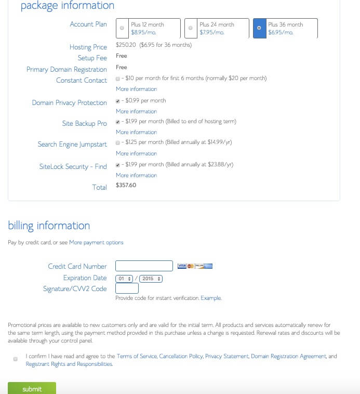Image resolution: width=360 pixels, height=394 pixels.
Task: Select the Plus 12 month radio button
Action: (x=122, y=28)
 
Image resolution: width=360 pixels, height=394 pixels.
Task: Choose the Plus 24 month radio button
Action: (x=191, y=28)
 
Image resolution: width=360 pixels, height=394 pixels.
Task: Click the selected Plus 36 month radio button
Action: (x=259, y=28)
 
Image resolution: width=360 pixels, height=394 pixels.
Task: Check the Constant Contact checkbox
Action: (x=118, y=78)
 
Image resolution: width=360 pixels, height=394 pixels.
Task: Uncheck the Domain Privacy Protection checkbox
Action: (x=118, y=101)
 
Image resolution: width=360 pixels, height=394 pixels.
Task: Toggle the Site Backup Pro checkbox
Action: (x=118, y=122)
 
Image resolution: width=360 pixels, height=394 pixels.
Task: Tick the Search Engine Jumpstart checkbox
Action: (x=118, y=142)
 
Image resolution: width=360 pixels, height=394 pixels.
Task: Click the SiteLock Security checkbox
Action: (x=118, y=165)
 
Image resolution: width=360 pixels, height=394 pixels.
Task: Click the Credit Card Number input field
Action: (x=144, y=266)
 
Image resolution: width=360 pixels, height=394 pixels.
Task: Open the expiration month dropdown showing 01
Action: (x=125, y=279)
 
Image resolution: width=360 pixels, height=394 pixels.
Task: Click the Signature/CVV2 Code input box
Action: (x=127, y=288)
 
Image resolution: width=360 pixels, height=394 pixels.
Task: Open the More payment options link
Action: (x=96, y=243)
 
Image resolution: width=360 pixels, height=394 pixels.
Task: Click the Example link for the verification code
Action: (x=211, y=298)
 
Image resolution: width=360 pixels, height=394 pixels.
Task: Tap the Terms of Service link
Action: (x=137, y=357)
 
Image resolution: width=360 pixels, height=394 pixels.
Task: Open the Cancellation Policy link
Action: (x=181, y=357)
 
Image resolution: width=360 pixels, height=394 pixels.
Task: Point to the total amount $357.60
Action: (x=126, y=185)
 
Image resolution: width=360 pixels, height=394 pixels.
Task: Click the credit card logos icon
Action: (x=195, y=266)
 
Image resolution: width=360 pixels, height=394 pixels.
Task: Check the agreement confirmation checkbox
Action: (x=16, y=359)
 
